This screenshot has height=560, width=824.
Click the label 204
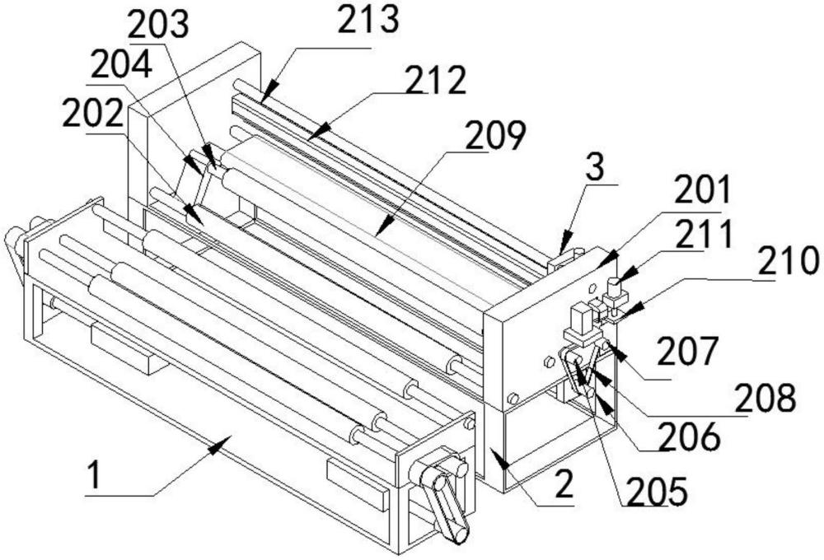[x=120, y=63]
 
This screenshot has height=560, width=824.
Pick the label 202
[x=93, y=115]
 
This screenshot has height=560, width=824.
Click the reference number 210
[x=789, y=264]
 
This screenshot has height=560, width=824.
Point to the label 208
[x=767, y=397]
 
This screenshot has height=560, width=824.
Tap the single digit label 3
[x=594, y=168]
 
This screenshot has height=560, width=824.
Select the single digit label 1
[x=97, y=478]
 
